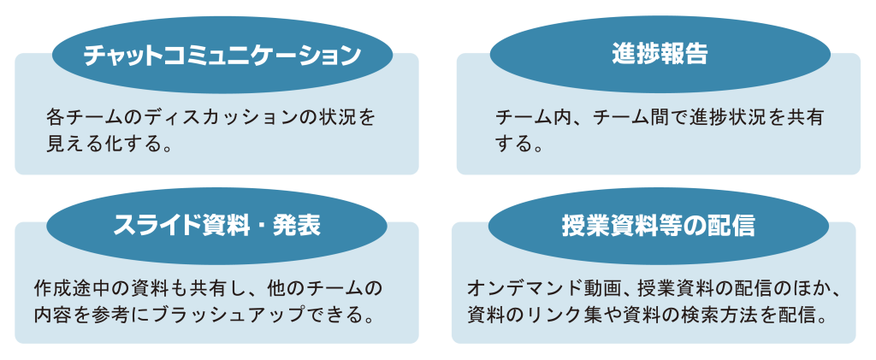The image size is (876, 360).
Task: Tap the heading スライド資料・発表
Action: [x=217, y=226]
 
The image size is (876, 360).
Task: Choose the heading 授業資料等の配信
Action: [x=658, y=225]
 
